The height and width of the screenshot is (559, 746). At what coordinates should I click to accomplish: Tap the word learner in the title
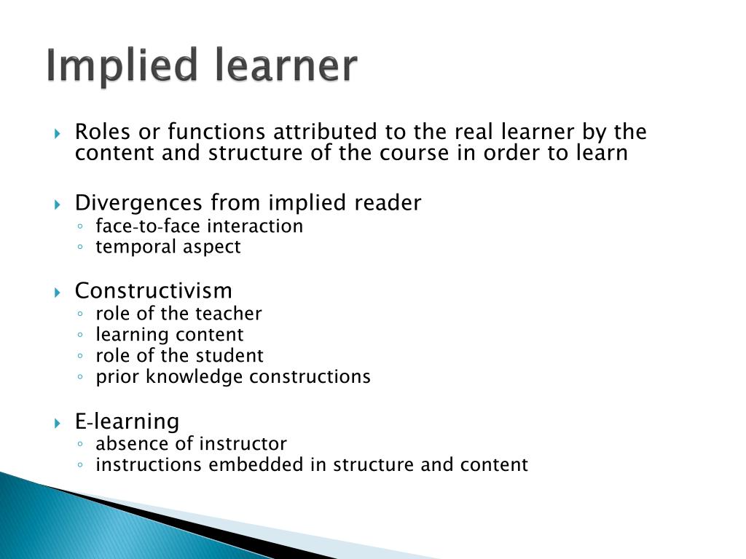pos(286,66)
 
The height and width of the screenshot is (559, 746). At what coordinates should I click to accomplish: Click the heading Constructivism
pos(153,291)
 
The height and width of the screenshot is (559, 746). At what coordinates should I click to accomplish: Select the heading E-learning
pos(127,421)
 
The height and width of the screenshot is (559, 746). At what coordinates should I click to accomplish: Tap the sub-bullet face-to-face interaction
pos(199,226)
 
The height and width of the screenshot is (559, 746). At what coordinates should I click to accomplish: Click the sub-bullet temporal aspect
pos(168,247)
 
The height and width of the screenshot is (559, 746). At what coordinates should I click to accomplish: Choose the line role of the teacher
pos(178,314)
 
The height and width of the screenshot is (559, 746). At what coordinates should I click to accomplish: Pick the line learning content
pos(170,335)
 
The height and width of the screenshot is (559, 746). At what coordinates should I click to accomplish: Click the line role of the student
pos(179,356)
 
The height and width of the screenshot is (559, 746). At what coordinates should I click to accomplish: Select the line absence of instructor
pos(191,444)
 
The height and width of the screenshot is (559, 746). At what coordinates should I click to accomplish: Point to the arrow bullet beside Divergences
pos(58,204)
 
